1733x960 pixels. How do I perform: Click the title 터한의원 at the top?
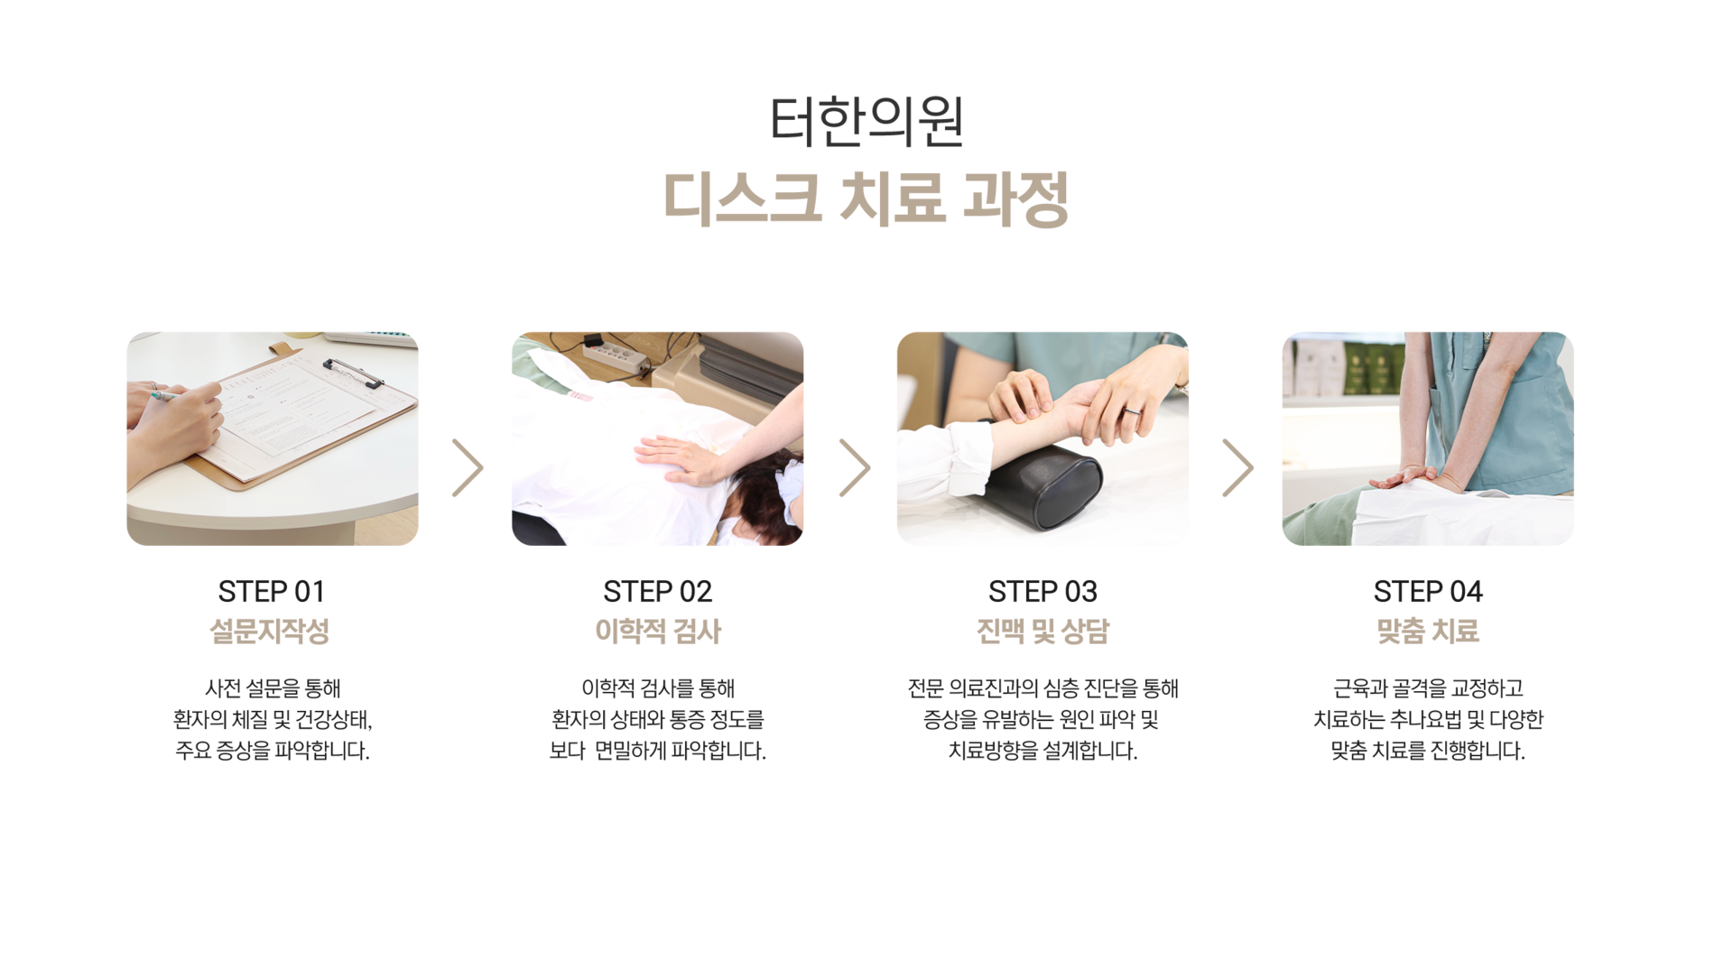click(866, 121)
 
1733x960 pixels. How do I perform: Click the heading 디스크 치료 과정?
click(866, 198)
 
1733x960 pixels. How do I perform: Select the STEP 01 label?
click(272, 592)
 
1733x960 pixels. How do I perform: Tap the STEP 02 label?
click(657, 592)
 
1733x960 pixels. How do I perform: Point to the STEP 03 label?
click(1043, 592)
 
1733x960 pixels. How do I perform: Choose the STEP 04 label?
click(1428, 592)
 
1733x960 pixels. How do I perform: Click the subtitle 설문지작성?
click(270, 631)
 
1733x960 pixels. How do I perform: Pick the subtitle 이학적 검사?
click(658, 631)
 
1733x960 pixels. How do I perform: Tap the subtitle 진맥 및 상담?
click(1043, 631)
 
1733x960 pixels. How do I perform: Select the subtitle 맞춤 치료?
click(1428, 631)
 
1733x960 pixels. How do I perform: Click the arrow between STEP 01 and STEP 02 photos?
click(468, 468)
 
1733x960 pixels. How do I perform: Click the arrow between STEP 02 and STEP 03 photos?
click(855, 468)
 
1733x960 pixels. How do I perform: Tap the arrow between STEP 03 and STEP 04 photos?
click(1238, 468)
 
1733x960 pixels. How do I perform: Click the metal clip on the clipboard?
click(353, 373)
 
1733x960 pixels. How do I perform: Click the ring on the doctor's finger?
click(1132, 411)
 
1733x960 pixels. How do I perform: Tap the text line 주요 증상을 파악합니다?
click(273, 751)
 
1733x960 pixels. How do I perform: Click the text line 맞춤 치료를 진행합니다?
click(1428, 751)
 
